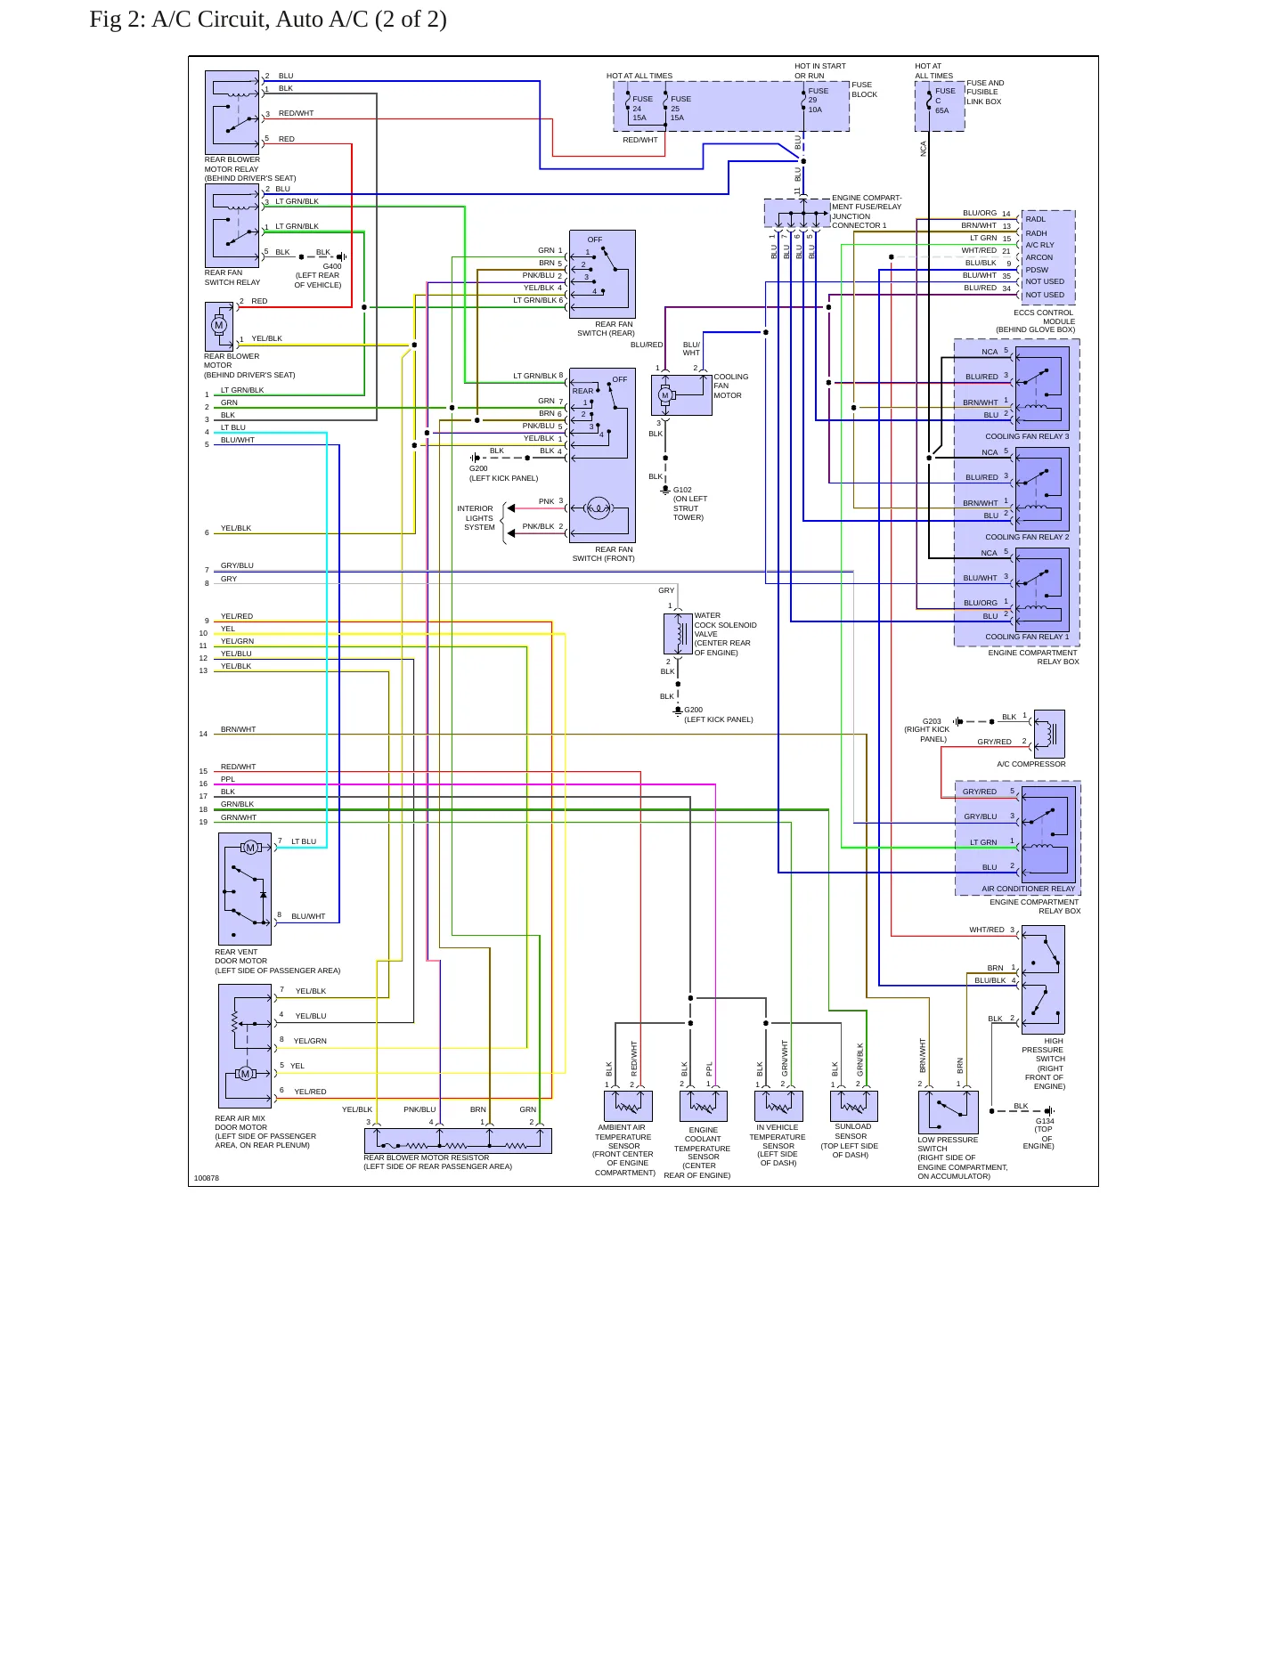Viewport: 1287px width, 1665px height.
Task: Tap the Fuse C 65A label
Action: pyautogui.click(x=944, y=101)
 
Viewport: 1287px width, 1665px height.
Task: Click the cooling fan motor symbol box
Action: pyautogui.click(x=681, y=395)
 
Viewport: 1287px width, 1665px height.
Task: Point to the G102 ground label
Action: pyautogui.click(x=682, y=490)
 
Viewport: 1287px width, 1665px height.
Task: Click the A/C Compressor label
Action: pyautogui.click(x=1030, y=764)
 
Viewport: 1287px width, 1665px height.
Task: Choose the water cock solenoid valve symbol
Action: pyautogui.click(x=678, y=634)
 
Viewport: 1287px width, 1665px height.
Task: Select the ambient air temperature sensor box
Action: pyautogui.click(x=628, y=1106)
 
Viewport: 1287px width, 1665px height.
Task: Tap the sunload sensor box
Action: pyautogui.click(x=853, y=1106)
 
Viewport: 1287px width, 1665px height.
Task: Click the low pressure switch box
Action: pyautogui.click(x=948, y=1112)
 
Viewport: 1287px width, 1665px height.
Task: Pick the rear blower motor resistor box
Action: pyautogui.click(x=458, y=1141)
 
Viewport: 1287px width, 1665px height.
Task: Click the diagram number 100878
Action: pyautogui.click(x=207, y=1178)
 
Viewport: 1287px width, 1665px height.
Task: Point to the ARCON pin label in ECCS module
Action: pyautogui.click(x=1039, y=257)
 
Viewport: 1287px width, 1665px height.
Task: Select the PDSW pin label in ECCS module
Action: pyautogui.click(x=1037, y=270)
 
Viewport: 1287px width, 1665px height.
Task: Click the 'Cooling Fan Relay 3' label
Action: pyautogui.click(x=1027, y=436)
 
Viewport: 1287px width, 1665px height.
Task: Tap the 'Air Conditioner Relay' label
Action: pyautogui.click(x=1028, y=889)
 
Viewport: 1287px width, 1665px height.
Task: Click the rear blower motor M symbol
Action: pyautogui.click(x=219, y=325)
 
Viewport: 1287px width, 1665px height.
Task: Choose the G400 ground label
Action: pyautogui.click(x=331, y=266)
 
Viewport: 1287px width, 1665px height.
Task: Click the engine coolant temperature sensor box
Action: pyautogui.click(x=703, y=1106)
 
